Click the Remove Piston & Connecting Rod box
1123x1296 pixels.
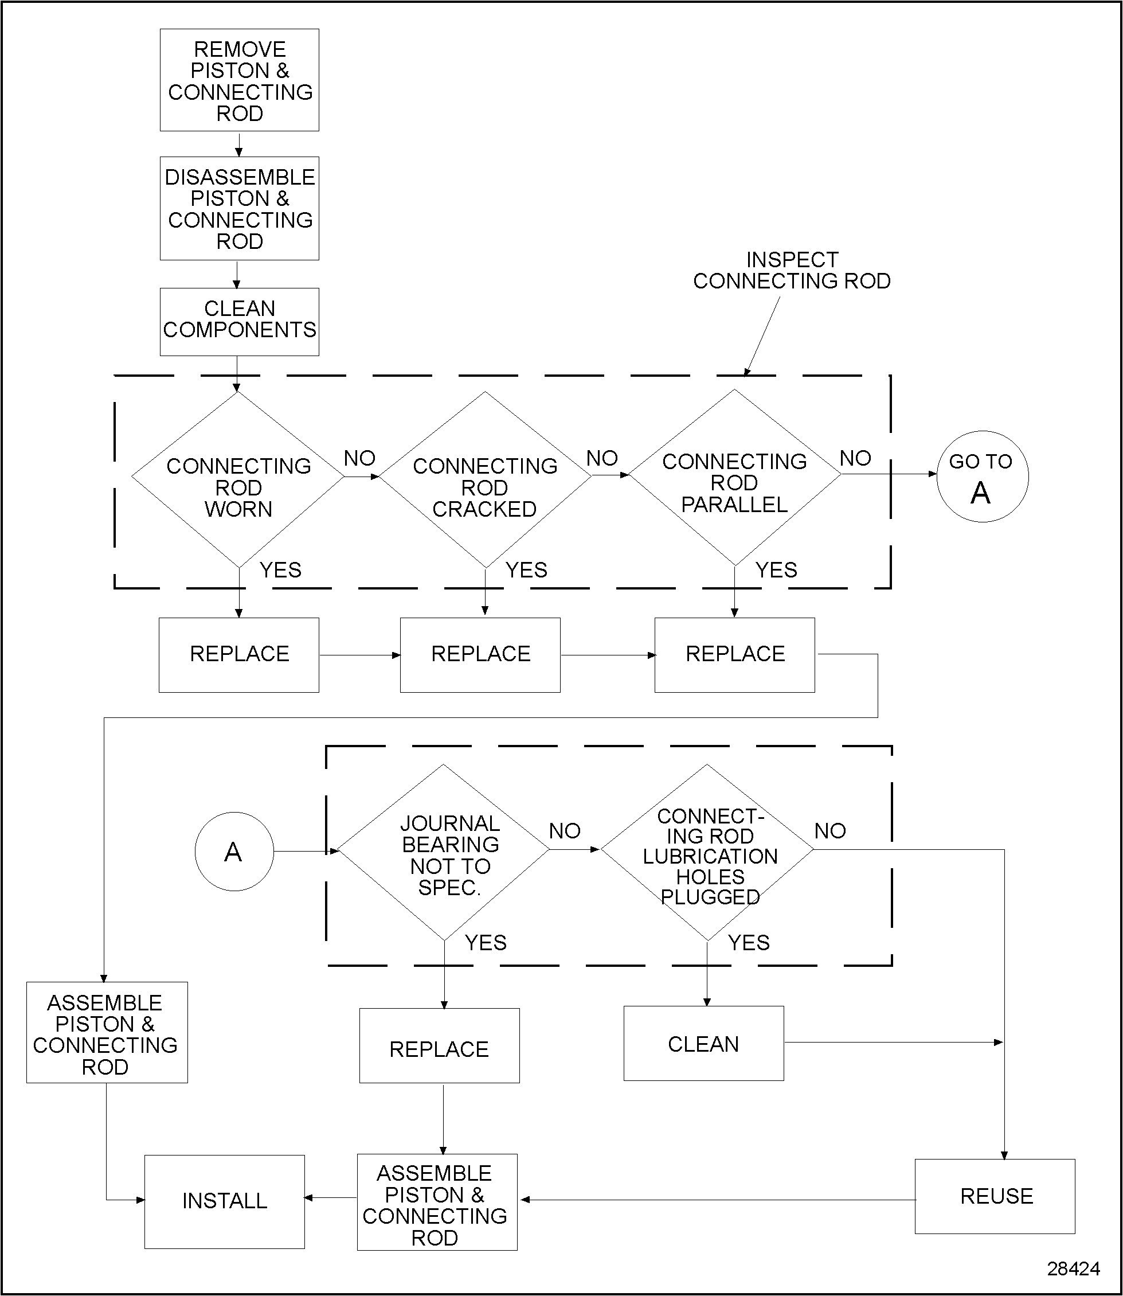240,80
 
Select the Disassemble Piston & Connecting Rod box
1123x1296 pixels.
240,208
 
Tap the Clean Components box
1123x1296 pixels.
240,322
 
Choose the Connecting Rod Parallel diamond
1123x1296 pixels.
734,478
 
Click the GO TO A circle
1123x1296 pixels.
982,477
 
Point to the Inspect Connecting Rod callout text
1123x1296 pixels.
792,270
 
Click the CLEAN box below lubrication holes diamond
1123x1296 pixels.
703,1044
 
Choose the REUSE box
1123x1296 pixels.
995,1196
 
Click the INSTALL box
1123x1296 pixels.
224,1201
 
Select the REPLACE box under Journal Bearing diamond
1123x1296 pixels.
439,1048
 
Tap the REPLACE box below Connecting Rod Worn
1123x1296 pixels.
239,654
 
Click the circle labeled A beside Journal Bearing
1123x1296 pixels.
234,852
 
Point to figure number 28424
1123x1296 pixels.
1074,1268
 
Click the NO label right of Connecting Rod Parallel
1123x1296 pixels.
855,458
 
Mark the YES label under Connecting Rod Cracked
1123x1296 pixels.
526,570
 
